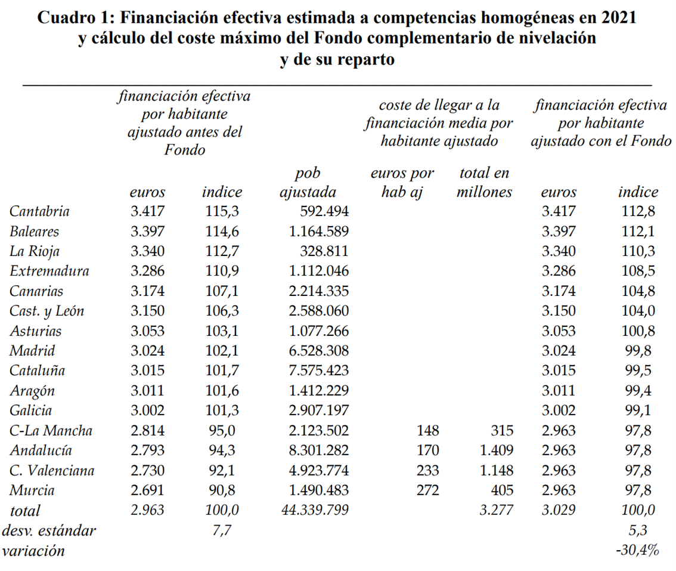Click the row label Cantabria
pos(39,211)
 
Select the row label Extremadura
pos(49,271)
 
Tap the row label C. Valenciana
pos(52,471)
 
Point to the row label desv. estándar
pos(49,530)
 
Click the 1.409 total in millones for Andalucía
pos(494,450)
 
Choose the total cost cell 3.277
pos(494,511)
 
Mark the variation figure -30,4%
pos(637,551)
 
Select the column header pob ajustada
pos(308,183)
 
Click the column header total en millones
pos(485,183)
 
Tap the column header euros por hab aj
pos(402,183)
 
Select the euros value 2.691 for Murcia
pos(147,490)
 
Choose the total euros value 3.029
pos(559,511)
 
